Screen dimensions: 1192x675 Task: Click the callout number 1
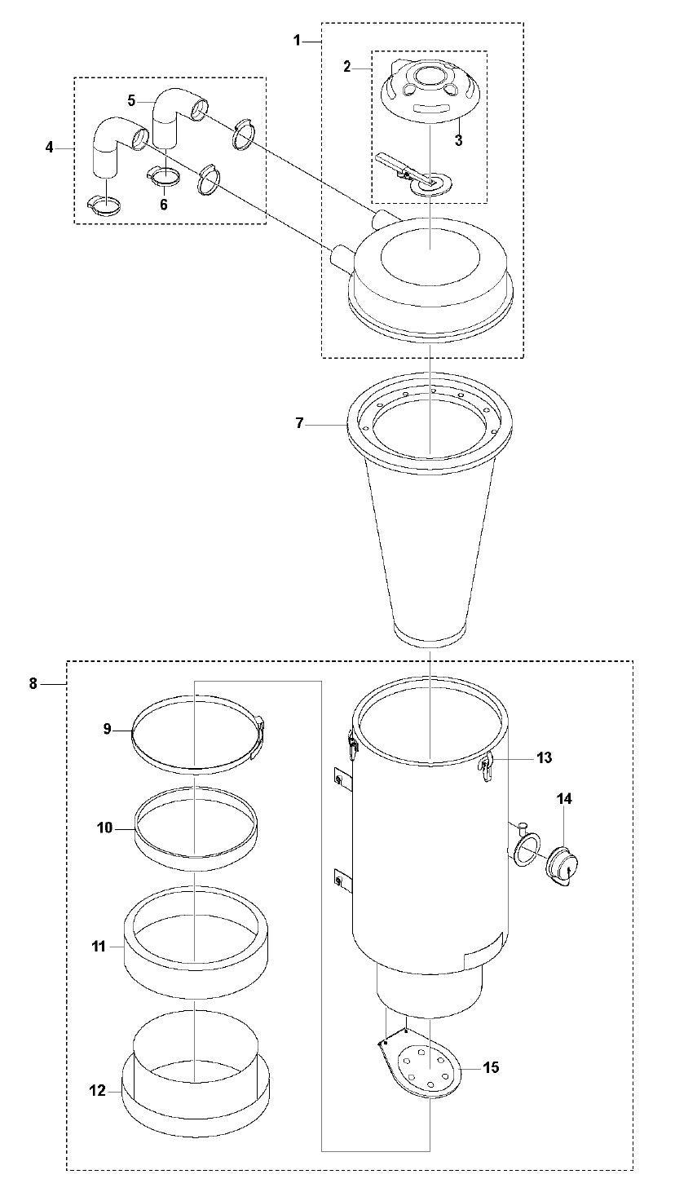pyautogui.click(x=298, y=39)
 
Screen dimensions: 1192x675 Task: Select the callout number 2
pyautogui.click(x=347, y=67)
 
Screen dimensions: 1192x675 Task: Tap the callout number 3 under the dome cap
pyautogui.click(x=458, y=140)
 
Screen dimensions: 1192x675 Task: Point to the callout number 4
pyautogui.click(x=50, y=148)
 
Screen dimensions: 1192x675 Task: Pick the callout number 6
pyautogui.click(x=163, y=204)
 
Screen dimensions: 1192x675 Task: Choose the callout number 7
pyautogui.click(x=300, y=423)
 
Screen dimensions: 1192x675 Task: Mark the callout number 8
pyautogui.click(x=33, y=683)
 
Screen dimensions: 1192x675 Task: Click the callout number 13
pyautogui.click(x=545, y=757)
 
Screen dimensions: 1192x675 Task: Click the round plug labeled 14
pyautogui.click(x=560, y=867)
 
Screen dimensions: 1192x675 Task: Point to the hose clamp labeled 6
pyautogui.click(x=163, y=176)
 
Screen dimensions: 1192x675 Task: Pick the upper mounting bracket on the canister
pyautogui.click(x=341, y=779)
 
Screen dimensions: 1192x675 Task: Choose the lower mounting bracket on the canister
pyautogui.click(x=341, y=879)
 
